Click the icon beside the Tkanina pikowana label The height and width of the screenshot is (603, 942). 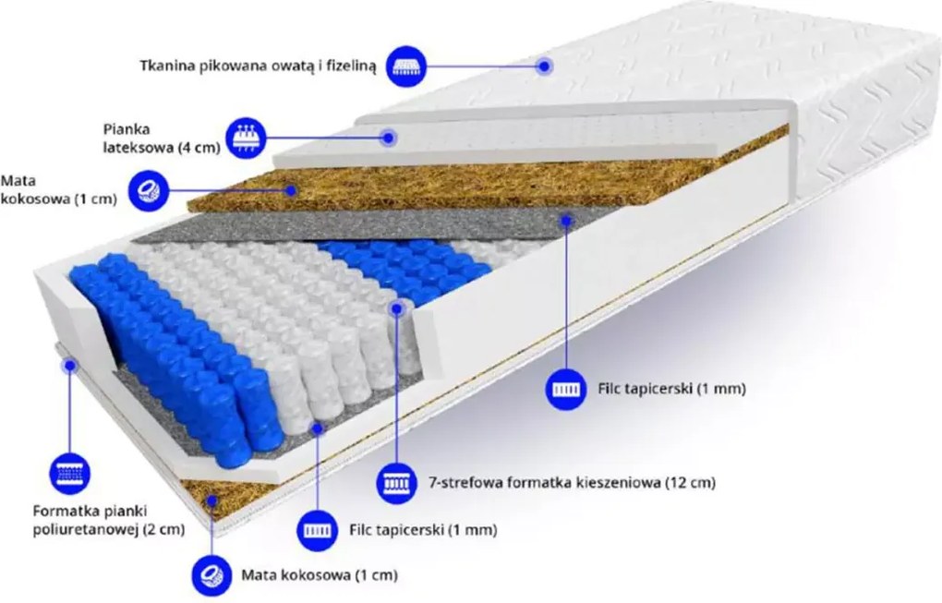(406, 66)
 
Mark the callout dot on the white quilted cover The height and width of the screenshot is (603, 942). (544, 66)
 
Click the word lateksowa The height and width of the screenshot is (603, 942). (138, 147)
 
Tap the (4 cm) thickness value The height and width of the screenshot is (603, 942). (199, 148)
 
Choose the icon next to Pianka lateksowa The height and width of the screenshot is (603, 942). (246, 138)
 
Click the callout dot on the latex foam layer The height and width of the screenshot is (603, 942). (390, 138)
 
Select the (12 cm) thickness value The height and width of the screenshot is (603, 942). (691, 482)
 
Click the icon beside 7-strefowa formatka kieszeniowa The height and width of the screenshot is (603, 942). (396, 482)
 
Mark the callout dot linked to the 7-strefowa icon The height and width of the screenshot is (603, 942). (396, 308)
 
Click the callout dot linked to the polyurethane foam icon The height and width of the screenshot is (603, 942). (70, 365)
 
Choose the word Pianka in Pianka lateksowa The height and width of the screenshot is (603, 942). (127, 129)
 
